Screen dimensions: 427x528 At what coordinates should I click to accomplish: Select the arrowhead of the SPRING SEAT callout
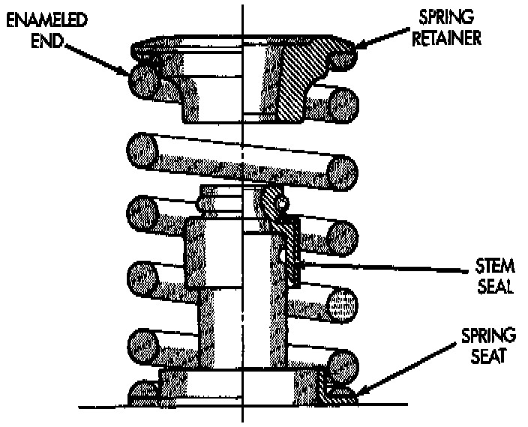[356, 394]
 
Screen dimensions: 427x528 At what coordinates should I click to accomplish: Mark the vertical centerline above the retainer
[242, 19]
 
